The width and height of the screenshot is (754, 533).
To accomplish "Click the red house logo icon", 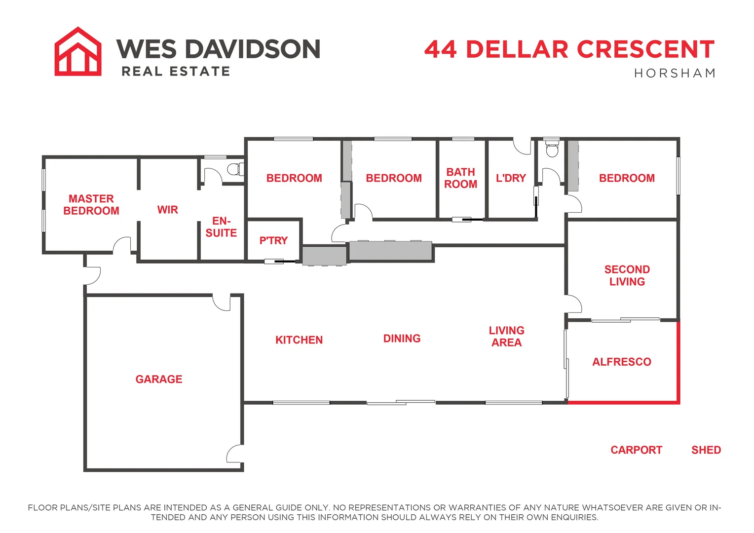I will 78,52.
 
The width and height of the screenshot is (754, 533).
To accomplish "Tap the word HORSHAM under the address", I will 675,74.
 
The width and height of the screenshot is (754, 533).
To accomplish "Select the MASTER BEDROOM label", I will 91,205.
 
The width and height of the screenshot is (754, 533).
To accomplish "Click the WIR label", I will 168,210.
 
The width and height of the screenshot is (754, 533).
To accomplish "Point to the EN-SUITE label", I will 221,227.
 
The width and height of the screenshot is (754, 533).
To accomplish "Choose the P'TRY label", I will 273,241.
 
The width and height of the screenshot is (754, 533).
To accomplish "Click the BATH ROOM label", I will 461,178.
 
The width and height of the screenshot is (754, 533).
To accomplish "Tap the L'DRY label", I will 511,178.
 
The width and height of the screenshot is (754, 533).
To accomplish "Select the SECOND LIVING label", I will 627,275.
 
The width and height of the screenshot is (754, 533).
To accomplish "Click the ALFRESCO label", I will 622,362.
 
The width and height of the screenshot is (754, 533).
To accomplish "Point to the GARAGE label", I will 159,380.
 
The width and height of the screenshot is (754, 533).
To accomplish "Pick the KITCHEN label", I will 299,340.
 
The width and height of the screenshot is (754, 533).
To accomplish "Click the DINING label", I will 402,339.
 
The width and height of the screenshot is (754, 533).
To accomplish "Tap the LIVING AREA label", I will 506,337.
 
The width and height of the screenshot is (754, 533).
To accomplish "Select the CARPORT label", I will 636,450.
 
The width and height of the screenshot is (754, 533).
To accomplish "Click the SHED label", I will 706,450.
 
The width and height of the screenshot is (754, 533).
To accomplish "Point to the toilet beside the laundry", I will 552,148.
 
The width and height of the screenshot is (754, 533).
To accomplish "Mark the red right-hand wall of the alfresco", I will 679,362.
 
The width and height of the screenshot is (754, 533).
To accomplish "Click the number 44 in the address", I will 441,49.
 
